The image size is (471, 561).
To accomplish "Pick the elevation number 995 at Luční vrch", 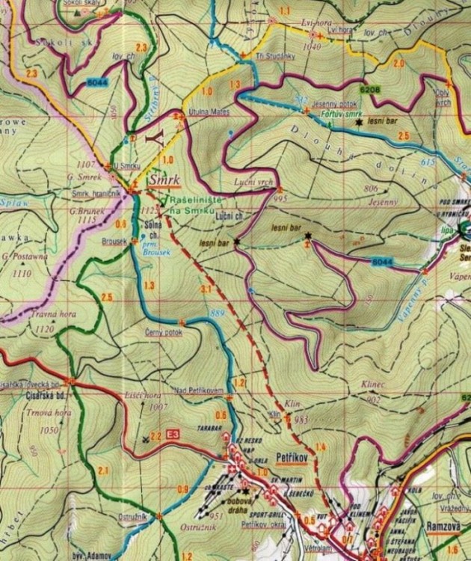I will click(281, 198).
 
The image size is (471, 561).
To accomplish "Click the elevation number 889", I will click(217, 312).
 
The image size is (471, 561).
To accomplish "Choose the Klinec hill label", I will click(372, 384).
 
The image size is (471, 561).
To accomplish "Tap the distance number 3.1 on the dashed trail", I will click(206, 289).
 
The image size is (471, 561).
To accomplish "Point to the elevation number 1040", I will click(312, 46).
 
